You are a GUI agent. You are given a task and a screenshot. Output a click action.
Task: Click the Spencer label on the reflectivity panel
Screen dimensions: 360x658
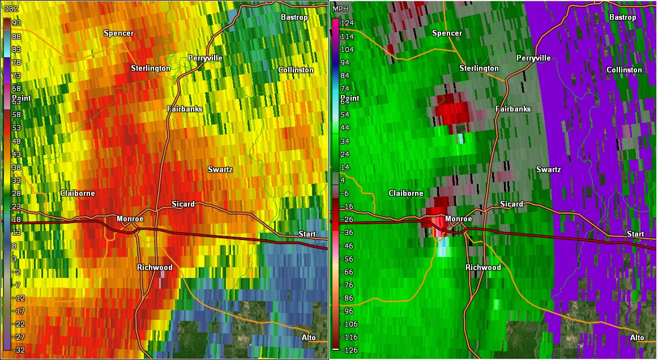point(118,33)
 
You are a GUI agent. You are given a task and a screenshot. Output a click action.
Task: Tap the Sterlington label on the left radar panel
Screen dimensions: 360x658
point(150,68)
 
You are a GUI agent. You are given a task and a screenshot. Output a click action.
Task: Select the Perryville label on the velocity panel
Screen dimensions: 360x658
point(533,58)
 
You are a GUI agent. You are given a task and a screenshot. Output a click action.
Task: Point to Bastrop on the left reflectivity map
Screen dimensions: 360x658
point(294,18)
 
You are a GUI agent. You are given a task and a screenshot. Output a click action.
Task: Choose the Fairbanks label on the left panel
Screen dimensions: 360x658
point(184,109)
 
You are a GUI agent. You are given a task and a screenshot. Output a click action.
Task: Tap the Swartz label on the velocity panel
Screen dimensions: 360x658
point(548,170)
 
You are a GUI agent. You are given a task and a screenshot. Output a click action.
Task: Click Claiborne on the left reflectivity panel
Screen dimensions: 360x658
point(77,194)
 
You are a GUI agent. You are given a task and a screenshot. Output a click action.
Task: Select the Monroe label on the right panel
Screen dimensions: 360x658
point(459,219)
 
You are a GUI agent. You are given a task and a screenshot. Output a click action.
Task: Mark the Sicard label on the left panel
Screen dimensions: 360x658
point(183,204)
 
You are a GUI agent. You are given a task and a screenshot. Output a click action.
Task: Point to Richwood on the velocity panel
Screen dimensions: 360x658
point(483,267)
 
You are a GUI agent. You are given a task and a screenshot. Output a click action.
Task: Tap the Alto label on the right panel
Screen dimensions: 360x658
point(636,338)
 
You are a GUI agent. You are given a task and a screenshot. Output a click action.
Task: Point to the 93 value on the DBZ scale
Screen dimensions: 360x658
point(18,23)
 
